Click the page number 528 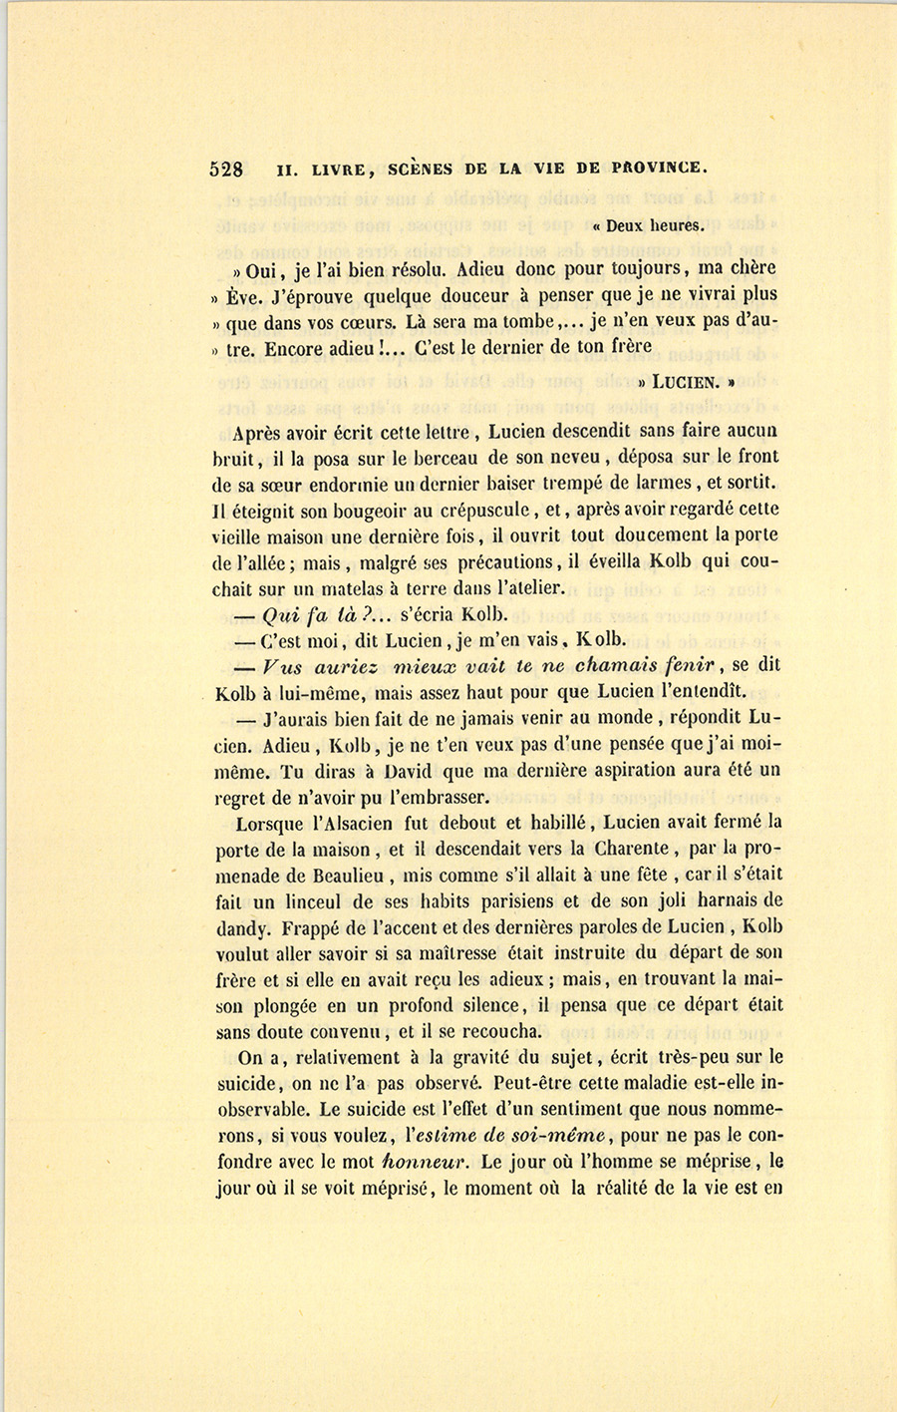(226, 169)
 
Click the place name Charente (629, 849)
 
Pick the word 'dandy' (240, 927)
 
